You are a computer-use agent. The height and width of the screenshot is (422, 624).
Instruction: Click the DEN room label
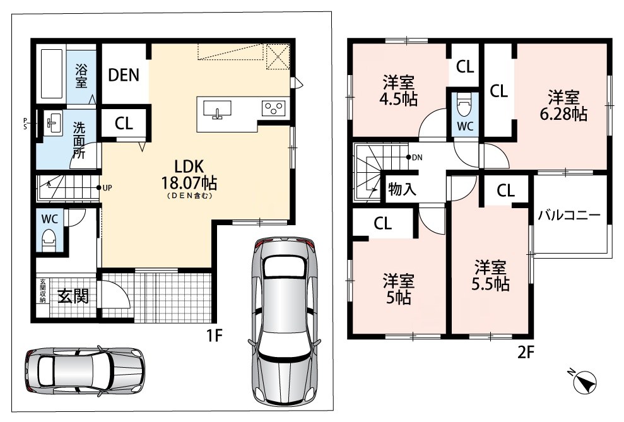(124, 75)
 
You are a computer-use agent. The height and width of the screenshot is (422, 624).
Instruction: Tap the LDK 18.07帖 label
(189, 175)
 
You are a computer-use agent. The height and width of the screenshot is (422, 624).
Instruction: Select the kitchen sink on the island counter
(217, 109)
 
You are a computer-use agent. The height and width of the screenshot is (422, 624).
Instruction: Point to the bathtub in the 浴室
(52, 74)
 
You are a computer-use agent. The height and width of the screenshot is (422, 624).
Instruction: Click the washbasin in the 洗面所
(54, 123)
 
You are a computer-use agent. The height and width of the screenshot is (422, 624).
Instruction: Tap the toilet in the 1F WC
(49, 240)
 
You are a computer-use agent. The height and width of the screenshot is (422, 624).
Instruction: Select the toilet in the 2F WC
(464, 104)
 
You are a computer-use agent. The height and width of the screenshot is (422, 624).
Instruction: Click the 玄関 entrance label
(73, 296)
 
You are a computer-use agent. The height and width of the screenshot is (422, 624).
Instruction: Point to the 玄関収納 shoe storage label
(42, 291)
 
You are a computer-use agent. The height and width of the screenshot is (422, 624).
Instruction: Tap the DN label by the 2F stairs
(417, 158)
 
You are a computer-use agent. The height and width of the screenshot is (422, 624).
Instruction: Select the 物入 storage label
(402, 189)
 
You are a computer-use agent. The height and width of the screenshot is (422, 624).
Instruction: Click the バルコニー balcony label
(569, 215)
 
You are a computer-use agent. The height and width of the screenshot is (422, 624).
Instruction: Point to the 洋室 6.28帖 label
(563, 105)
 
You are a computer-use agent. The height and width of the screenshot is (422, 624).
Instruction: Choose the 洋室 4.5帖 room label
(399, 91)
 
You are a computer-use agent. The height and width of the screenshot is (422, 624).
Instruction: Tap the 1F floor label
(214, 336)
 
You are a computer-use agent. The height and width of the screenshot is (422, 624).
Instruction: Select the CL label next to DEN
(124, 123)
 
